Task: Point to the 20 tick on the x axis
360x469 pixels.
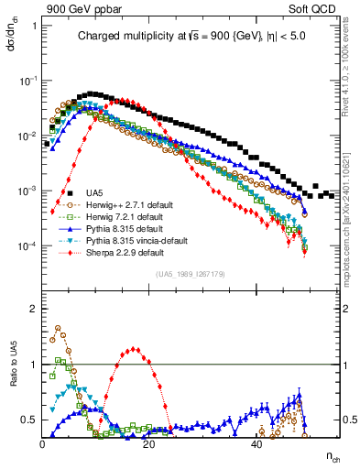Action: point(150,442)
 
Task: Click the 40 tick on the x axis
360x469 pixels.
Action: point(257,442)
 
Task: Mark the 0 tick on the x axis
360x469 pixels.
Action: point(43,442)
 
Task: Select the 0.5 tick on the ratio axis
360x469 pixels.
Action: point(31,420)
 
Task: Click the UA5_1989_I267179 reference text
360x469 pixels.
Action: point(190,274)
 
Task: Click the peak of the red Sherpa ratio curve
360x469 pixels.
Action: point(135,348)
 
